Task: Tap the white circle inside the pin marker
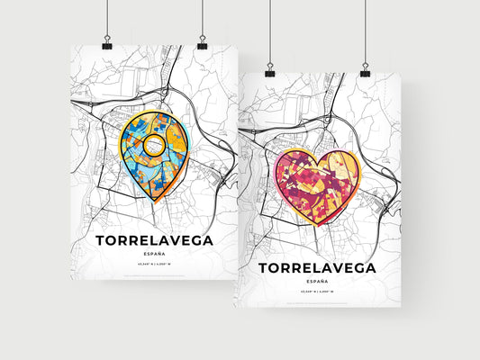[x=155, y=145]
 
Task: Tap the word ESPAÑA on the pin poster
[x=152, y=255]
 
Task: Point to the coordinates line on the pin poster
[x=152, y=266]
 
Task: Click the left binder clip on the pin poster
[x=107, y=44]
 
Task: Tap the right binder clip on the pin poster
[x=202, y=44]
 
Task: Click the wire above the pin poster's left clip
[x=107, y=18]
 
